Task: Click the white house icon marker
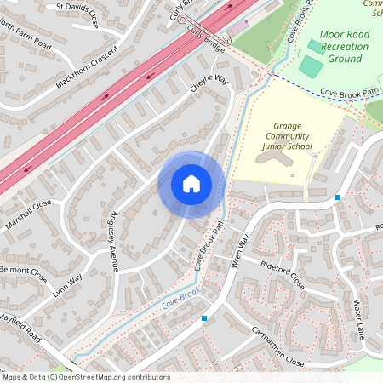pos(191,184)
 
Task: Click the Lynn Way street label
pos(68,284)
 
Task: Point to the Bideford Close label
pos(283,272)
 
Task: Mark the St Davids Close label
pos(77,14)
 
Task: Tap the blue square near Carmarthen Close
pos(204,318)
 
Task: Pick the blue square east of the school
pos(338,197)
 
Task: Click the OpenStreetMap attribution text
pos(85,377)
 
